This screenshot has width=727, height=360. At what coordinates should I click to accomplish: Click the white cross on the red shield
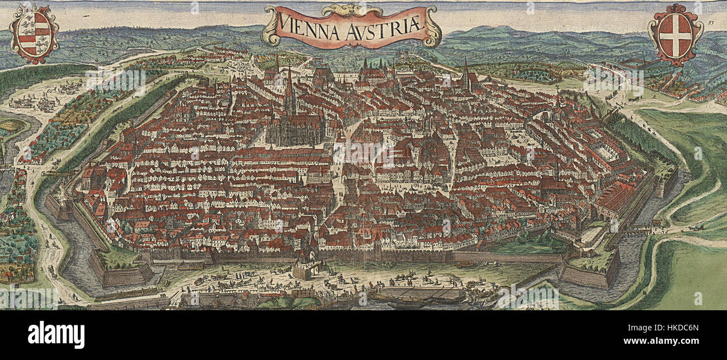(675, 34)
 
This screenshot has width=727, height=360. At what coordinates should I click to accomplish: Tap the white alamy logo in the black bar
(56, 335)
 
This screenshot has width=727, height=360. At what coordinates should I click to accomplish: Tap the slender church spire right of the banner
(465, 73)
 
